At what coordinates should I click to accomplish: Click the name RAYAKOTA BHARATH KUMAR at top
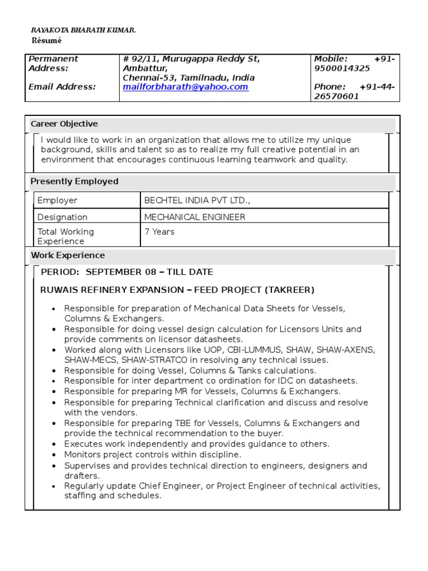pos(82,30)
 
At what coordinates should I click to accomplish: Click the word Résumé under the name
pos(46,41)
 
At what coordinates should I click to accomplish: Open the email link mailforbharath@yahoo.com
pos(185,87)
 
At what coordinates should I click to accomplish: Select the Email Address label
pos(62,87)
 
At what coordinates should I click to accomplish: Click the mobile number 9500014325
pos(342,68)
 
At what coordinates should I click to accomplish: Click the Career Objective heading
pos(64,124)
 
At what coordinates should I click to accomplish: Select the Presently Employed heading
pos(74,181)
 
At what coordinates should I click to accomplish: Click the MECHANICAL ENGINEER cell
pos(194,217)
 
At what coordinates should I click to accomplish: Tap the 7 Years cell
pos(159,231)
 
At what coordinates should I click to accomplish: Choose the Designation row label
pos(62,217)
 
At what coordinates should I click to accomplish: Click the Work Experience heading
pos(67,255)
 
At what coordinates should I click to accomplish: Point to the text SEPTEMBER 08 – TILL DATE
pos(149,272)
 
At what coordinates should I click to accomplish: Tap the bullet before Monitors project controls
pos(53,455)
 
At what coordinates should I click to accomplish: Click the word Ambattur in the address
pos(142,68)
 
